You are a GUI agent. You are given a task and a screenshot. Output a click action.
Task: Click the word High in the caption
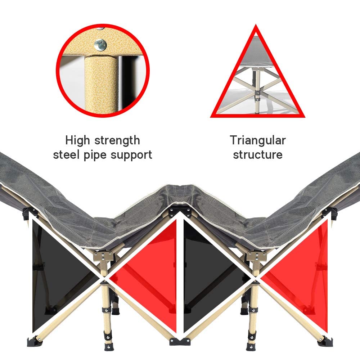[x=77, y=140]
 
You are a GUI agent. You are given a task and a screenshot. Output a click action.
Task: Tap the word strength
[x=117, y=140]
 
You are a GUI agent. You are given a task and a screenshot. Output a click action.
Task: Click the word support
[x=131, y=155]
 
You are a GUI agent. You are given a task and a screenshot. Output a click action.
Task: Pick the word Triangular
[x=258, y=140]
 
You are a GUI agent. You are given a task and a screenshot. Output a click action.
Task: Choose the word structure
[x=258, y=154]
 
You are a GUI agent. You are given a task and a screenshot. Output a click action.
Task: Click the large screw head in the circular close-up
[x=100, y=45]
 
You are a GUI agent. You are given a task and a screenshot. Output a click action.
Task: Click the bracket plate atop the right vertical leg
[x=257, y=256]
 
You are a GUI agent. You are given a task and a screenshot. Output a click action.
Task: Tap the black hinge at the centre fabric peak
[x=180, y=212]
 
